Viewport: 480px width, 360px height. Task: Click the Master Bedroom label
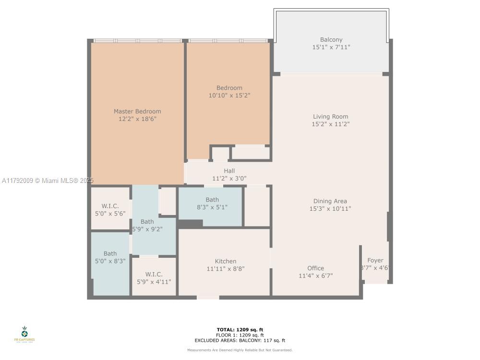pyautogui.click(x=137, y=111)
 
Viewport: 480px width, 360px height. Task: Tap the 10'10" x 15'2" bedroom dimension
pyautogui.click(x=229, y=96)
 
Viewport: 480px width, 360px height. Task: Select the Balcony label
pyautogui.click(x=331, y=40)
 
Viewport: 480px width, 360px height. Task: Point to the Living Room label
pyautogui.click(x=330, y=117)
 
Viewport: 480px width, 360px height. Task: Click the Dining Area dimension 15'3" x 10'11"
pyautogui.click(x=330, y=209)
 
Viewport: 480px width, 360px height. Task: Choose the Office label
pyautogui.click(x=315, y=268)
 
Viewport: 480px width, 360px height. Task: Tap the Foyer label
pyautogui.click(x=375, y=261)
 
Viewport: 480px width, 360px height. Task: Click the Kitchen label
pyautogui.click(x=225, y=262)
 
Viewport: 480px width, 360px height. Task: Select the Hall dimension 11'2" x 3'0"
pyautogui.click(x=229, y=178)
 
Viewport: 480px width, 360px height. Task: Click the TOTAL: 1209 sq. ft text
pyautogui.click(x=240, y=330)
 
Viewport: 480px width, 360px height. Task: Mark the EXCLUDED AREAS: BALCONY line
pyautogui.click(x=240, y=340)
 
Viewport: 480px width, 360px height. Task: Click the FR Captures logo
pyautogui.click(x=24, y=334)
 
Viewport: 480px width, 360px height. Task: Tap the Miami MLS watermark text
pyautogui.click(x=47, y=180)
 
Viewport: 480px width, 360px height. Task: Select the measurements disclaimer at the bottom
pyautogui.click(x=240, y=350)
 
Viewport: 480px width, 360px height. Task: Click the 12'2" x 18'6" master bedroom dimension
pyautogui.click(x=137, y=119)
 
